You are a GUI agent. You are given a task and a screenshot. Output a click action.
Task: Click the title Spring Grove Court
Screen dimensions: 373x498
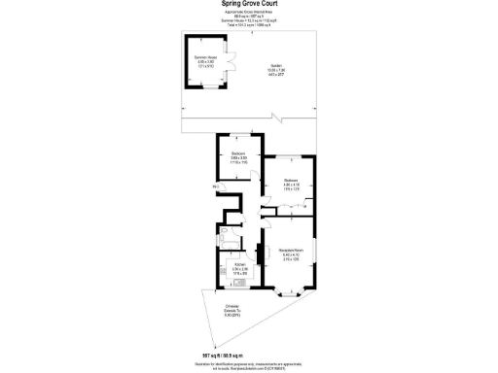click(248, 4)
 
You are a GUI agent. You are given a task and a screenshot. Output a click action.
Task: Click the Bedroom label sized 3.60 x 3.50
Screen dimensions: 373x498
click(238, 158)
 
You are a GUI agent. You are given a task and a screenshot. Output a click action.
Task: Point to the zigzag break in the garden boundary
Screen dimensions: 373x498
click(278, 120)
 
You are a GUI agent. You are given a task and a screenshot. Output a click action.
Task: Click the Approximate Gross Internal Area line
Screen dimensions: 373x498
click(248, 14)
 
